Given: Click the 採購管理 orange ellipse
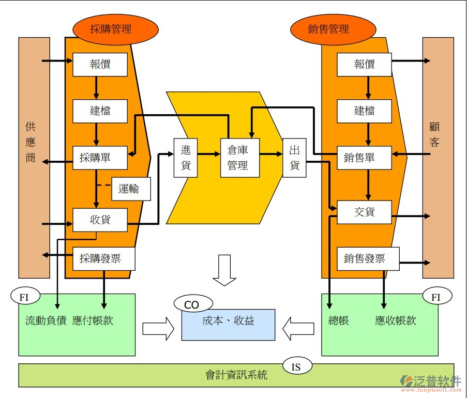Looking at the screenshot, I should point(115,29).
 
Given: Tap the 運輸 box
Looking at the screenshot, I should point(131,189).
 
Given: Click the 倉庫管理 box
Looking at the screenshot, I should point(240,158).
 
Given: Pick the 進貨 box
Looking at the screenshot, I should point(186,158).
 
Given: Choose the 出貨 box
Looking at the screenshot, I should point(294,158).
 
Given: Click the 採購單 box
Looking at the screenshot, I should point(100,158).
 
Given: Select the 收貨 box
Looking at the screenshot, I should point(100,220).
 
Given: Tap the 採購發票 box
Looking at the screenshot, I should point(103,258).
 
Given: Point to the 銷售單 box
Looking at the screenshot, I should point(364,158).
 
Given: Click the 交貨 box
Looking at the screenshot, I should point(364,212).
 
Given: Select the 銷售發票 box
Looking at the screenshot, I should point(368,258).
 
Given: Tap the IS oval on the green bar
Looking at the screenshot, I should point(297,366).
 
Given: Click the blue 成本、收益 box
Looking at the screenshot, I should point(228,325).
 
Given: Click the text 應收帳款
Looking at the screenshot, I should point(395,320).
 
